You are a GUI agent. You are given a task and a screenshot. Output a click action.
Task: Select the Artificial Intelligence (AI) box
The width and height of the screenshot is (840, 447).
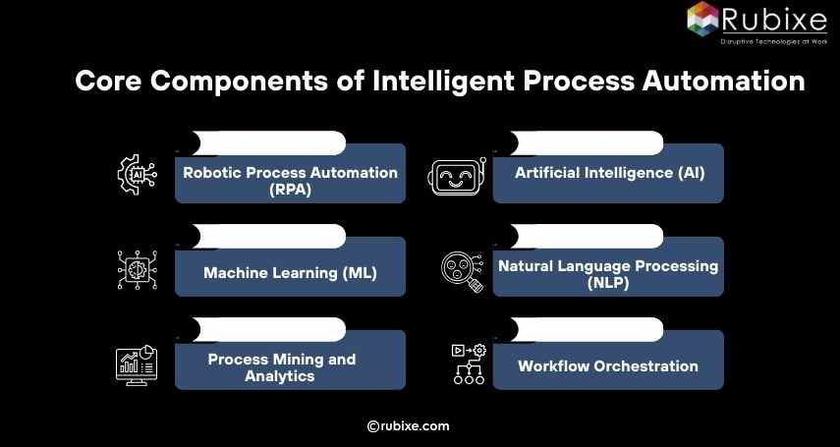point(608,174)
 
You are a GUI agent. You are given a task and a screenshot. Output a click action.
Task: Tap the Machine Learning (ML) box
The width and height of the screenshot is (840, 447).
point(290,272)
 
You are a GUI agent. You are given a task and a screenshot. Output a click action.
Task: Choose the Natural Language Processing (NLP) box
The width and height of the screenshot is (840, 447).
point(608,272)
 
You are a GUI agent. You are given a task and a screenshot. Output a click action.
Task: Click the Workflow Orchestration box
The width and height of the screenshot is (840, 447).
point(608,365)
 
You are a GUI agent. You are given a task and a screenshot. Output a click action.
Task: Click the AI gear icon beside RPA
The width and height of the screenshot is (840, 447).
point(137,174)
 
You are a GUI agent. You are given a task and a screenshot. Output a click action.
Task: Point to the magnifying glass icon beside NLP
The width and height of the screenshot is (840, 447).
point(461,272)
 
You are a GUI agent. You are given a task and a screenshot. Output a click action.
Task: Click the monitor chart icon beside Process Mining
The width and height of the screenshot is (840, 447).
point(136,364)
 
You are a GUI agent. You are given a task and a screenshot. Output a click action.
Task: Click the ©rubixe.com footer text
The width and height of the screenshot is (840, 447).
point(408,425)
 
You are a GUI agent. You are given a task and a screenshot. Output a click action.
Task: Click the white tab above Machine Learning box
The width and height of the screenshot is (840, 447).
point(266,237)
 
